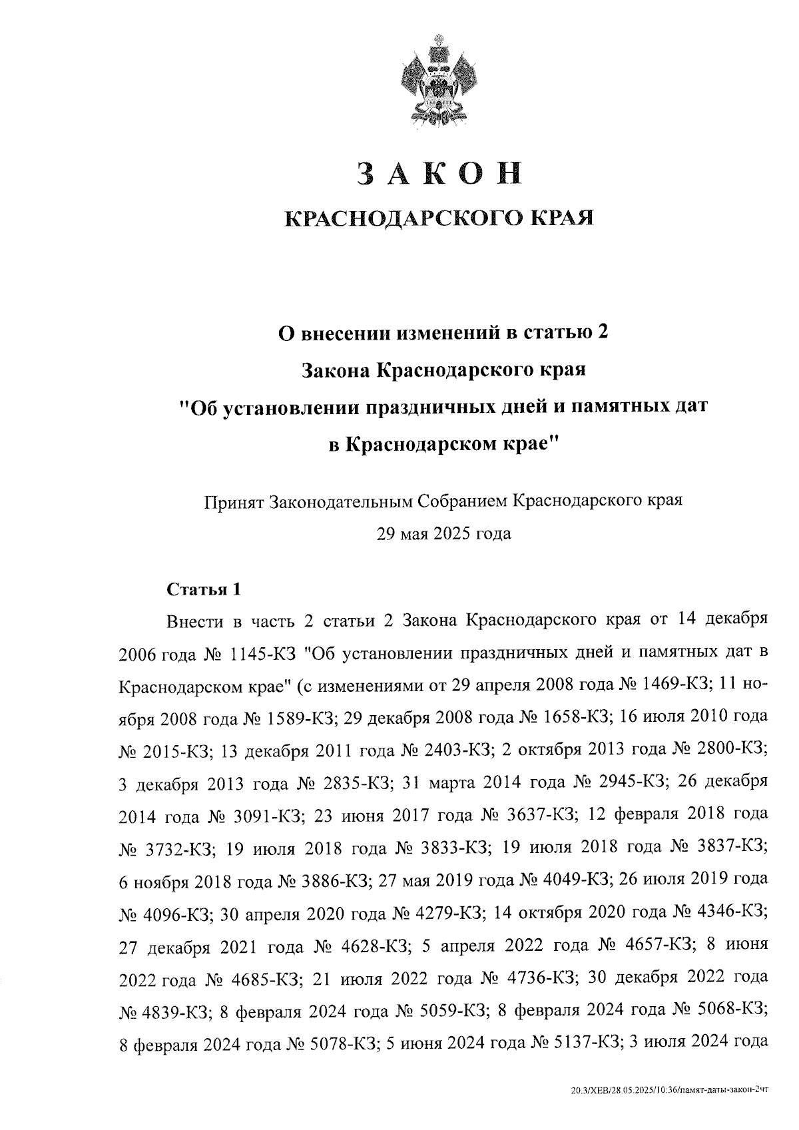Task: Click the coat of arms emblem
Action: (x=437, y=83)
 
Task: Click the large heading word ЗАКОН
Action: (x=438, y=172)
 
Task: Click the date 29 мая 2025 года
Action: (x=444, y=533)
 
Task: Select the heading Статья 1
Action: (x=202, y=589)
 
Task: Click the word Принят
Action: (x=234, y=501)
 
